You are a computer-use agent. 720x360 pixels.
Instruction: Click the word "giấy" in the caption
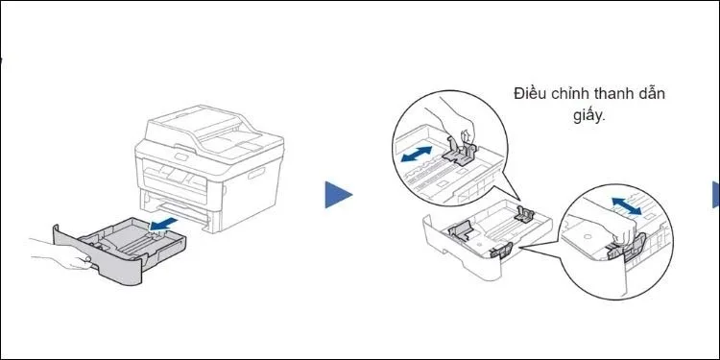[x=589, y=115]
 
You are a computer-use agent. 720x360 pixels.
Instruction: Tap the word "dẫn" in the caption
[x=649, y=93]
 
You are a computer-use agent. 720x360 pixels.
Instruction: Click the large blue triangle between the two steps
[x=339, y=195]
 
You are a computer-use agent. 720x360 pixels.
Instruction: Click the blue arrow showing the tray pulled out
[x=164, y=224]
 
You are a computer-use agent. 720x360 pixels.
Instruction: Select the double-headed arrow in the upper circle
[x=416, y=155]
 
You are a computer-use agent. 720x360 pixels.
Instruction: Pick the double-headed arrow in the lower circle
[x=626, y=205]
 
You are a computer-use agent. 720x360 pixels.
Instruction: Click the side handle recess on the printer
[x=257, y=174]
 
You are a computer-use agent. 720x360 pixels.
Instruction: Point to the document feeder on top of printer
[x=202, y=125]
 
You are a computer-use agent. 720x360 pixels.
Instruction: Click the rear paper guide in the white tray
[x=524, y=214]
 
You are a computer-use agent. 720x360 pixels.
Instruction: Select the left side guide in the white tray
[x=460, y=229]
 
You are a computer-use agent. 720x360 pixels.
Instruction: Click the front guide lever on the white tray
[x=501, y=251]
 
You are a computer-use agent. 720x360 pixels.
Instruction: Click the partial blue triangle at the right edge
[x=715, y=195]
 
